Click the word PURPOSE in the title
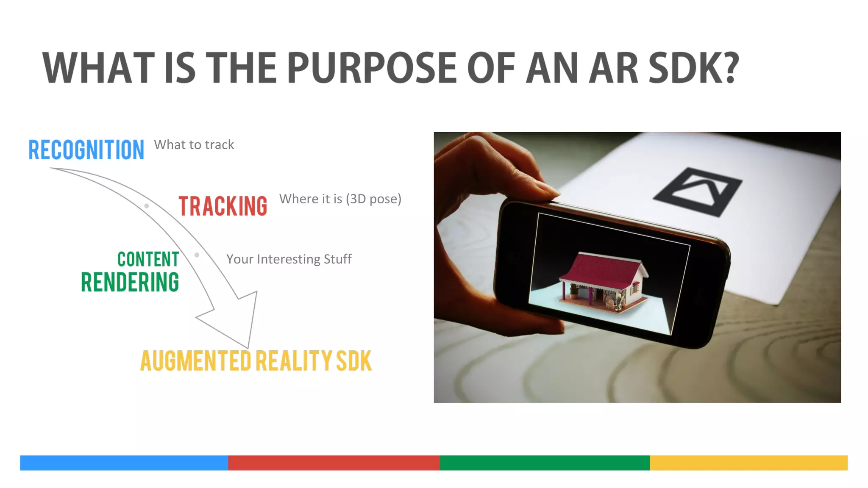pyautogui.click(x=372, y=68)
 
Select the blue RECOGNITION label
pyautogui.click(x=86, y=150)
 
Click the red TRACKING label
pyautogui.click(x=223, y=206)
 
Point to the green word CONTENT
pyautogui.click(x=148, y=259)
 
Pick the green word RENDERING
pyautogui.click(x=130, y=283)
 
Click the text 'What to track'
pyautogui.click(x=194, y=145)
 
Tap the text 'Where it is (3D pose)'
pyautogui.click(x=340, y=199)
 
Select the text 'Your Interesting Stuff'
pyautogui.click(x=289, y=259)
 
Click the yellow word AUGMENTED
pyautogui.click(x=196, y=361)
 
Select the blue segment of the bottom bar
pyautogui.click(x=124, y=463)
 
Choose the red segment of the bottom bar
pyautogui.click(x=334, y=463)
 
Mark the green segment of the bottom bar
pyautogui.click(x=545, y=463)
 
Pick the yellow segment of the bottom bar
pyautogui.click(x=748, y=463)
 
